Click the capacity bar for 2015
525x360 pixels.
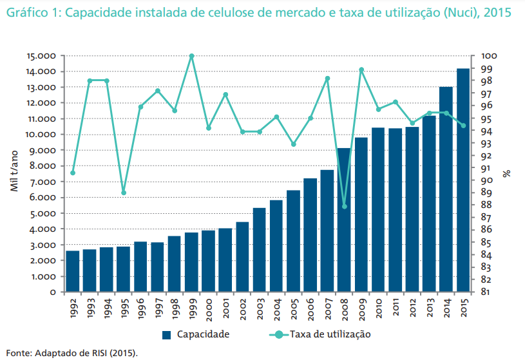(463, 180)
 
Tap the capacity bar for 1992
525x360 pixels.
(73, 271)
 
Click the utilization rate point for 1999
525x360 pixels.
(192, 56)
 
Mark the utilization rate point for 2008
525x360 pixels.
(344, 207)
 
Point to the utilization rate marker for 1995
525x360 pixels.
(124, 193)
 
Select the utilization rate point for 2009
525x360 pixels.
(361, 70)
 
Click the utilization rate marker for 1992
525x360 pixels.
(73, 173)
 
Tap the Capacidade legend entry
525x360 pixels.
(196, 334)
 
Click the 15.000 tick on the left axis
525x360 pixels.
(42, 56)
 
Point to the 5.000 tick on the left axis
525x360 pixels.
(44, 213)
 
